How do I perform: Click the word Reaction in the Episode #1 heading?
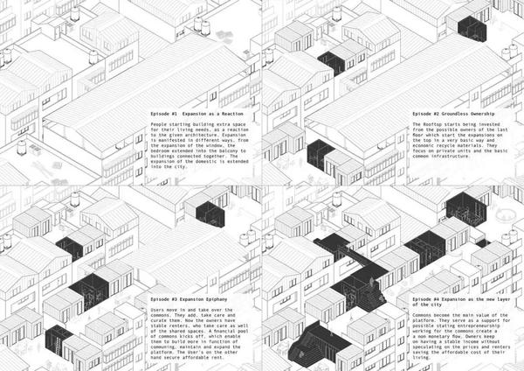coord(238,115)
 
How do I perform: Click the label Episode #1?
coord(164,115)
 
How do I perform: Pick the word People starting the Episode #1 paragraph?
coord(160,125)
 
